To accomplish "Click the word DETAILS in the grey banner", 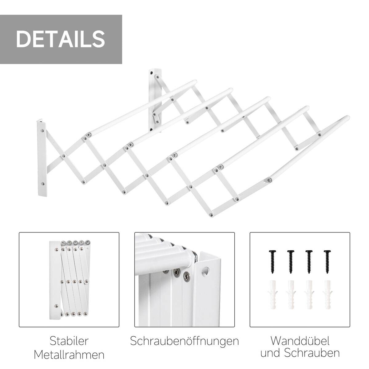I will [61, 39].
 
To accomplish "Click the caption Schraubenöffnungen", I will [184, 341].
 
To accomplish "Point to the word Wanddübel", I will [300, 341].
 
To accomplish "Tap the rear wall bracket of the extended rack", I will [154, 98].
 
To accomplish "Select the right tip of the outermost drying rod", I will [347, 118].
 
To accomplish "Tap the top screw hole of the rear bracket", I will [151, 73].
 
